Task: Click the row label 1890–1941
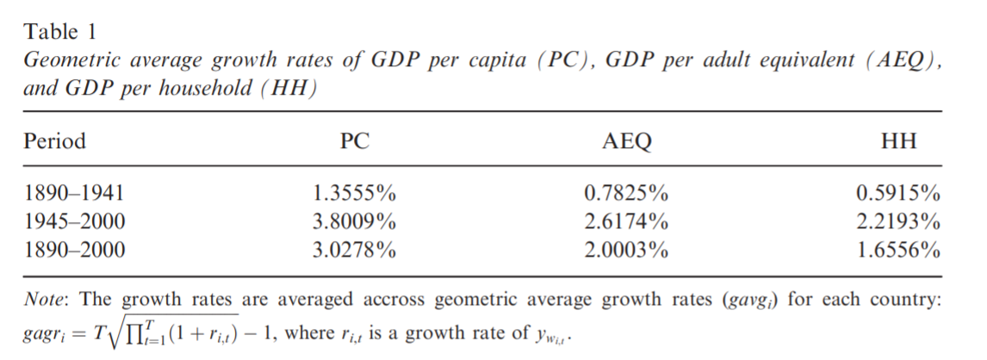tap(75, 194)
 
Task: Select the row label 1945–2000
tap(75, 222)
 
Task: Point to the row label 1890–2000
tap(75, 251)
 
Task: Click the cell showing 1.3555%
tap(355, 194)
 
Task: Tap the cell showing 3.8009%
tap(355, 222)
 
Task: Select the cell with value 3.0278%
tap(355, 251)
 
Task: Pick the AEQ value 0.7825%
tap(626, 194)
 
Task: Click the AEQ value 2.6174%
tap(626, 222)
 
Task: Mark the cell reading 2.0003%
tap(626, 251)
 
